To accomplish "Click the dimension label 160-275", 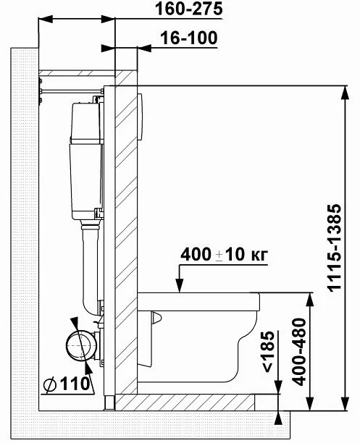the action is [x=188, y=9].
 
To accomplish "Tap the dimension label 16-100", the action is [x=189, y=38].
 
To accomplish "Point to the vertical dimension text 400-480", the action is [x=299, y=352].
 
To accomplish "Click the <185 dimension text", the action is [x=267, y=351].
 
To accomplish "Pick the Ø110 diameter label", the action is [x=67, y=384].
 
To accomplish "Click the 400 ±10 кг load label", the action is [x=224, y=254].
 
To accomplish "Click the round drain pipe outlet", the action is [x=78, y=345].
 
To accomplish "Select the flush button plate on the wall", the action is [x=140, y=117].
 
